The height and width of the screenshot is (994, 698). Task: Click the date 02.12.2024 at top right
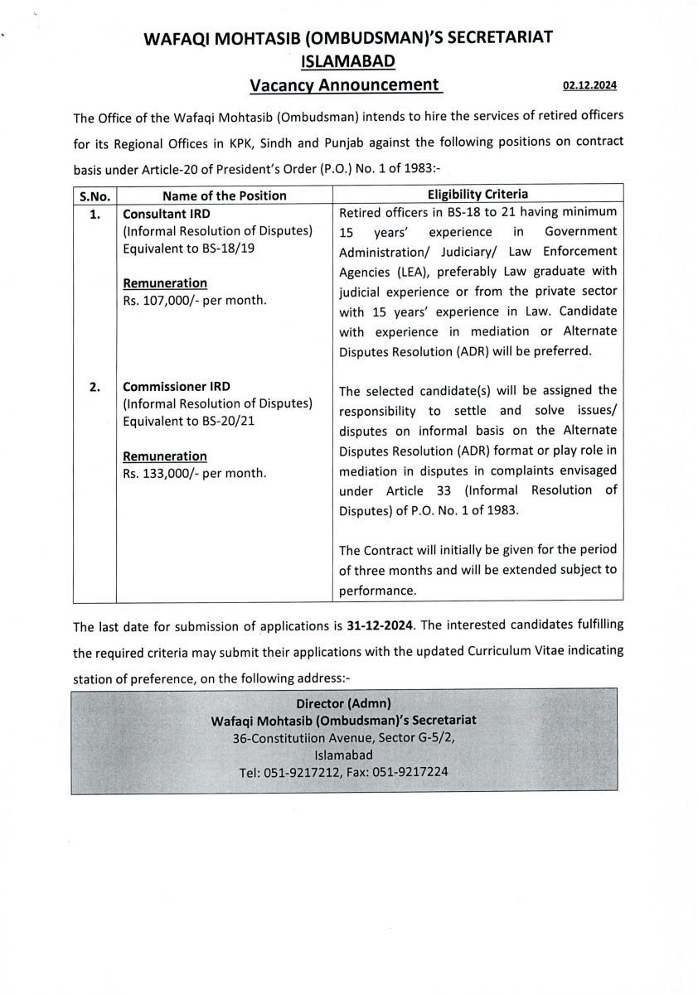pyautogui.click(x=589, y=85)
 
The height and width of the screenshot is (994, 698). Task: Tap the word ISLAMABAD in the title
pyautogui.click(x=347, y=60)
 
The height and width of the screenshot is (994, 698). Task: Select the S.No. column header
pyautogui.click(x=95, y=195)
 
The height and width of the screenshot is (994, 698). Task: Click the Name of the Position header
pyautogui.click(x=224, y=195)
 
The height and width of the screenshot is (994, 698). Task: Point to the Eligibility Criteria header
pyautogui.click(x=477, y=194)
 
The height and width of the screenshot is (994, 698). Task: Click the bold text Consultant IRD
pyautogui.click(x=166, y=214)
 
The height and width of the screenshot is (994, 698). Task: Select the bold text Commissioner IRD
pyautogui.click(x=177, y=387)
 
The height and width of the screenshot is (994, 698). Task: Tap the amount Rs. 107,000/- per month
pyautogui.click(x=194, y=300)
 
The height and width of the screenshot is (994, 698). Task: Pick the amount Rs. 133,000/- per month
pyautogui.click(x=194, y=474)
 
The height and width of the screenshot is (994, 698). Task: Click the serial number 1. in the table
pyautogui.click(x=95, y=215)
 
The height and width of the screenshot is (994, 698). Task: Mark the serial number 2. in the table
pyautogui.click(x=95, y=387)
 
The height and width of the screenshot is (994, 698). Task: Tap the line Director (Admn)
pyautogui.click(x=343, y=703)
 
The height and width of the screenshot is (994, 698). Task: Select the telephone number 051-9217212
pyautogui.click(x=301, y=772)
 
